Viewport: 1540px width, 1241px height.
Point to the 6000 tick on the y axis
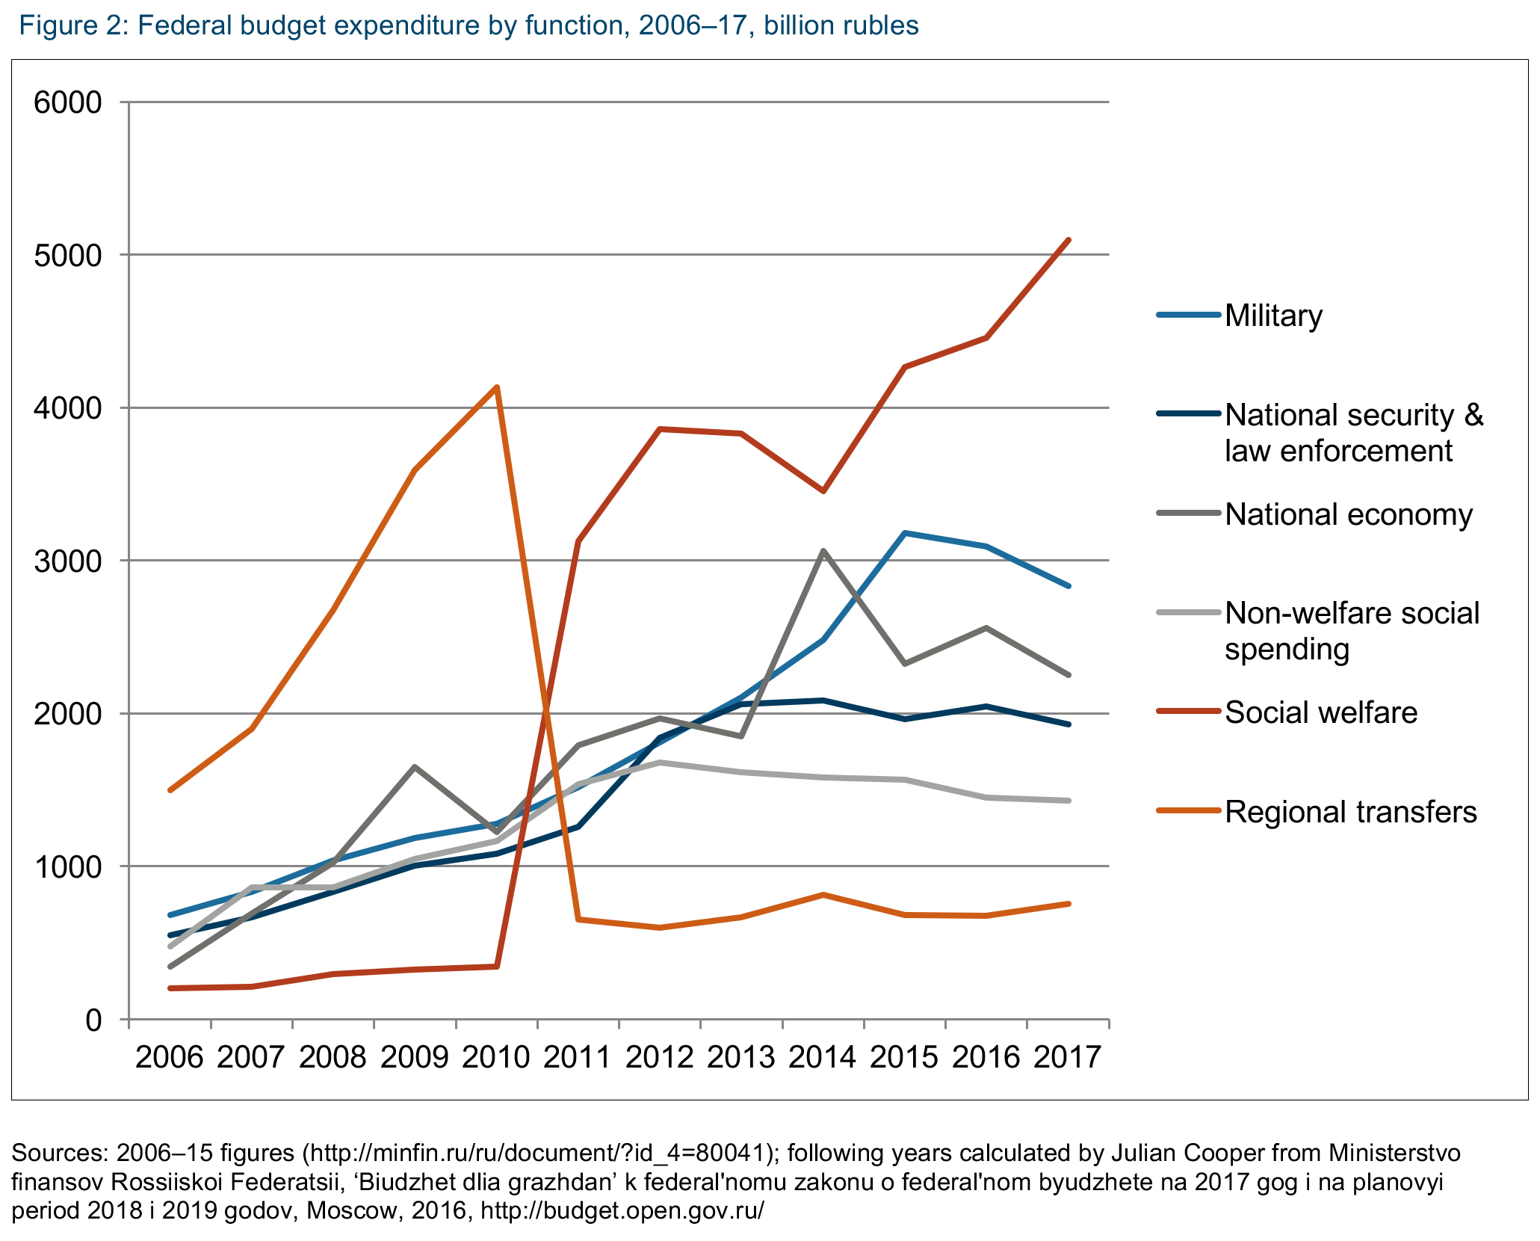pyautogui.click(x=68, y=102)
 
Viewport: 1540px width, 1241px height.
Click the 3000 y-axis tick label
pyautogui.click(x=68, y=561)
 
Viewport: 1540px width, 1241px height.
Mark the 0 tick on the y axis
pyautogui.click(x=93, y=1020)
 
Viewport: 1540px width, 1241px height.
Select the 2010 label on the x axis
pyautogui.click(x=496, y=1057)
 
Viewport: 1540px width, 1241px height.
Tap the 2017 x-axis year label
pyautogui.click(x=1068, y=1057)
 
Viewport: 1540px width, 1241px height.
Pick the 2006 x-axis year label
pyautogui.click(x=170, y=1057)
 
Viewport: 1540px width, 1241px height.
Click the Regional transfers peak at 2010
pyautogui.click(x=497, y=387)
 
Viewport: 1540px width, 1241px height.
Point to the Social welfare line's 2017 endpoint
pyautogui.click(x=1069, y=240)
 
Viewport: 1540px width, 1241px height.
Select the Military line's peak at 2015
pyautogui.click(x=905, y=533)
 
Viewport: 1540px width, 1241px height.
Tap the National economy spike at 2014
pyautogui.click(x=823, y=551)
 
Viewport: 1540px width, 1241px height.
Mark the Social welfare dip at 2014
pyautogui.click(x=823, y=491)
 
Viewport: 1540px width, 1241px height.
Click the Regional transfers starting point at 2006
pyautogui.click(x=170, y=789)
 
